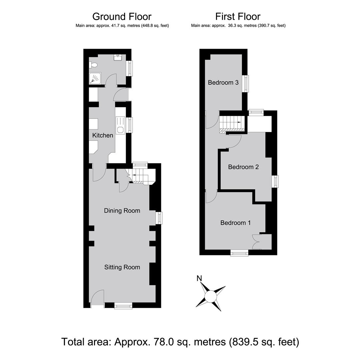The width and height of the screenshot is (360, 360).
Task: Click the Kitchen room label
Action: pyautogui.click(x=103, y=135)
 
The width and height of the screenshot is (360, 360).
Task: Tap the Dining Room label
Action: pyautogui.click(x=122, y=211)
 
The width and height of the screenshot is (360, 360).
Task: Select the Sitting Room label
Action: pyautogui.click(x=122, y=267)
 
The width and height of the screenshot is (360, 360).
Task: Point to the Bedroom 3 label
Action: pyautogui.click(x=223, y=82)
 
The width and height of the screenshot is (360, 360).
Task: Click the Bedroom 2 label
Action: pyautogui.click(x=243, y=167)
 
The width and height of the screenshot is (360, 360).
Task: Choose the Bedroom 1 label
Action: pyautogui.click(x=236, y=223)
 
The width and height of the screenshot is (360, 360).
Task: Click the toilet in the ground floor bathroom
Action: pyautogui.click(x=93, y=65)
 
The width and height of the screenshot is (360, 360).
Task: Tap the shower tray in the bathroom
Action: pyautogui.click(x=95, y=78)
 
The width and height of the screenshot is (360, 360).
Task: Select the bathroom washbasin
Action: pyautogui.click(x=118, y=57)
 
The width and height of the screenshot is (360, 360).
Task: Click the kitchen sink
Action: pyautogui.click(x=120, y=125)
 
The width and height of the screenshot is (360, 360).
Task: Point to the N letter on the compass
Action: pyautogui.click(x=199, y=278)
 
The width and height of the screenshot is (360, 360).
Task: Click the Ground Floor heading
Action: pyautogui.click(x=122, y=17)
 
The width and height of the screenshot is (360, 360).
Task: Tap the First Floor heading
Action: pyautogui.click(x=238, y=17)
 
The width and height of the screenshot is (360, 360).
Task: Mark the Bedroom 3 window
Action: pyautogui.click(x=246, y=84)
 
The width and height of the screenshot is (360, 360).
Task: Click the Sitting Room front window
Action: pyautogui.click(x=123, y=306)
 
